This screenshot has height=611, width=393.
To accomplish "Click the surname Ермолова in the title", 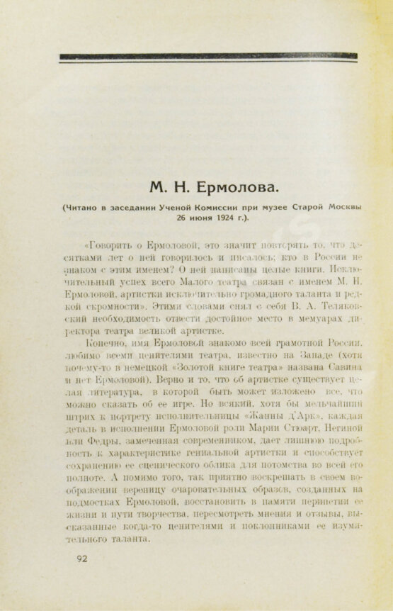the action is coord(236,188).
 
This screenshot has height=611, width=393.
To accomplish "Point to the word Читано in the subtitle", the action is coord(84,207).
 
